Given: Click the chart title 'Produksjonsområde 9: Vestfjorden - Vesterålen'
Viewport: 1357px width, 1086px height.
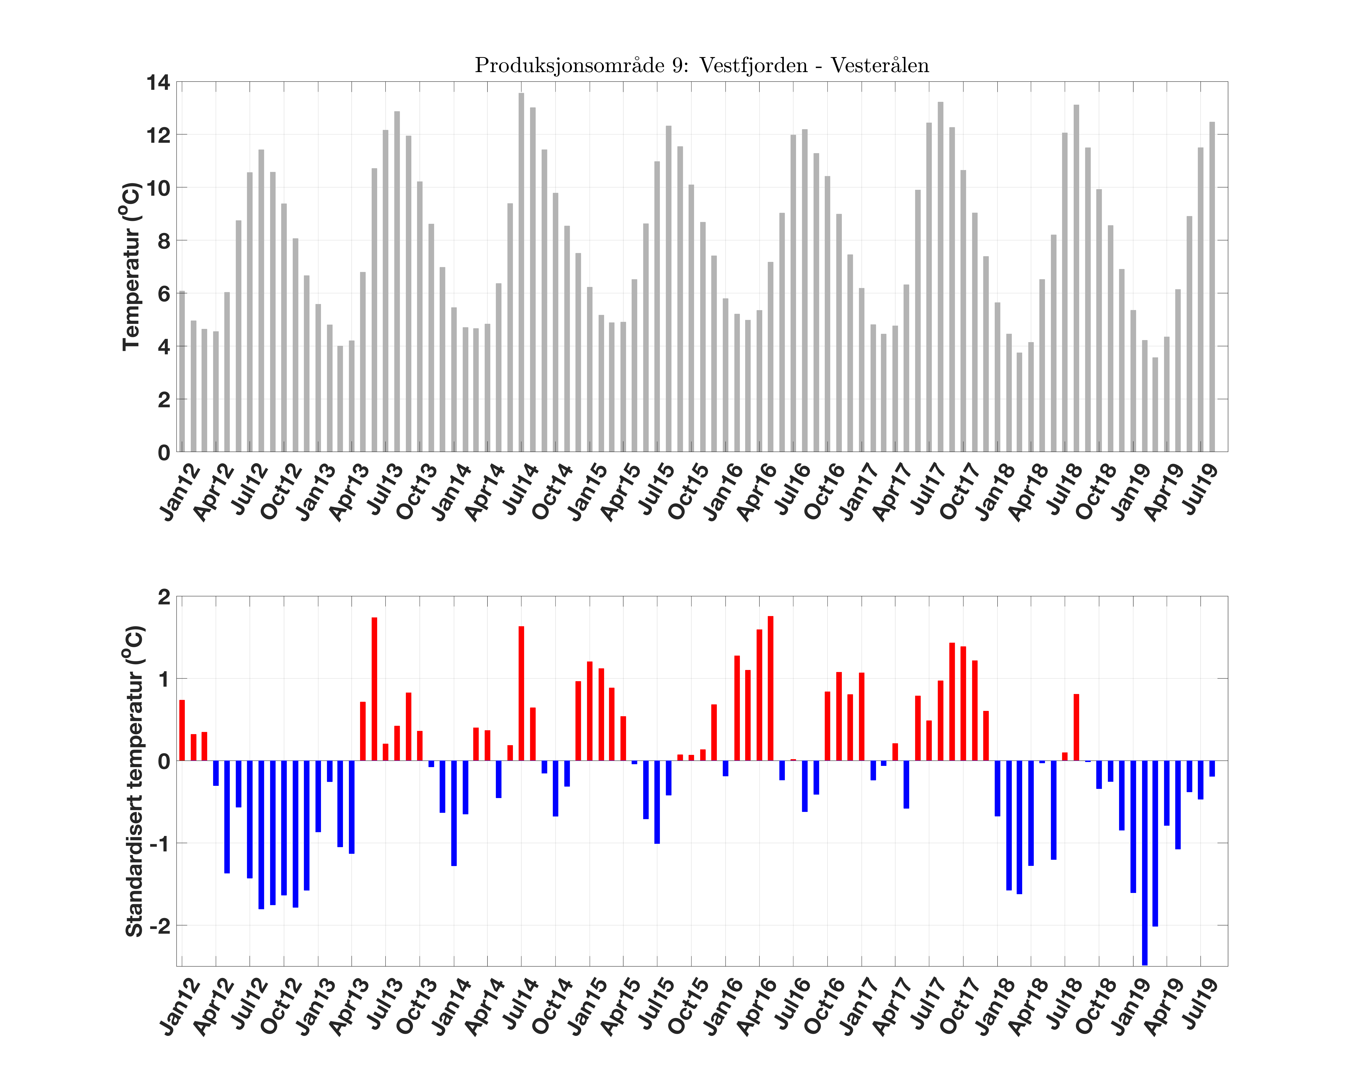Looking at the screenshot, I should pyautogui.click(x=701, y=66).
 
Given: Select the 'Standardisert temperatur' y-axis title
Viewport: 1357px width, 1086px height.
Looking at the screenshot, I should pyautogui.click(x=134, y=781).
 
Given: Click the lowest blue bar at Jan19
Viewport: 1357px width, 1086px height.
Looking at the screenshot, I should pyautogui.click(x=1144, y=862).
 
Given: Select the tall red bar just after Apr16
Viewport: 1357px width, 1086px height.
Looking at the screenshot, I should pyautogui.click(x=770, y=688).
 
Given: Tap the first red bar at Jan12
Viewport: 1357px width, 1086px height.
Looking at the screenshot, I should pyautogui.click(x=182, y=730).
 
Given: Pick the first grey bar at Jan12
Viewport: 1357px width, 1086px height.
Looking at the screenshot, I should pyautogui.click(x=182, y=371).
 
